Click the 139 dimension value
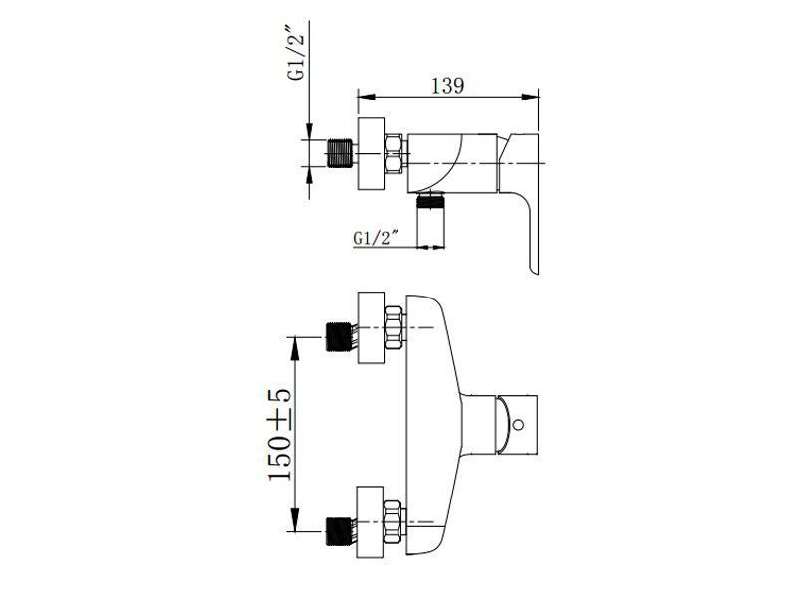447,86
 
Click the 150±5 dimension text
280,435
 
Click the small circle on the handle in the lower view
518,425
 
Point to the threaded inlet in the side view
339,153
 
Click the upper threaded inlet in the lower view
338,336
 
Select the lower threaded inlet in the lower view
338,531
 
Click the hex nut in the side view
395,154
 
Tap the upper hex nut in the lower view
395,327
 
